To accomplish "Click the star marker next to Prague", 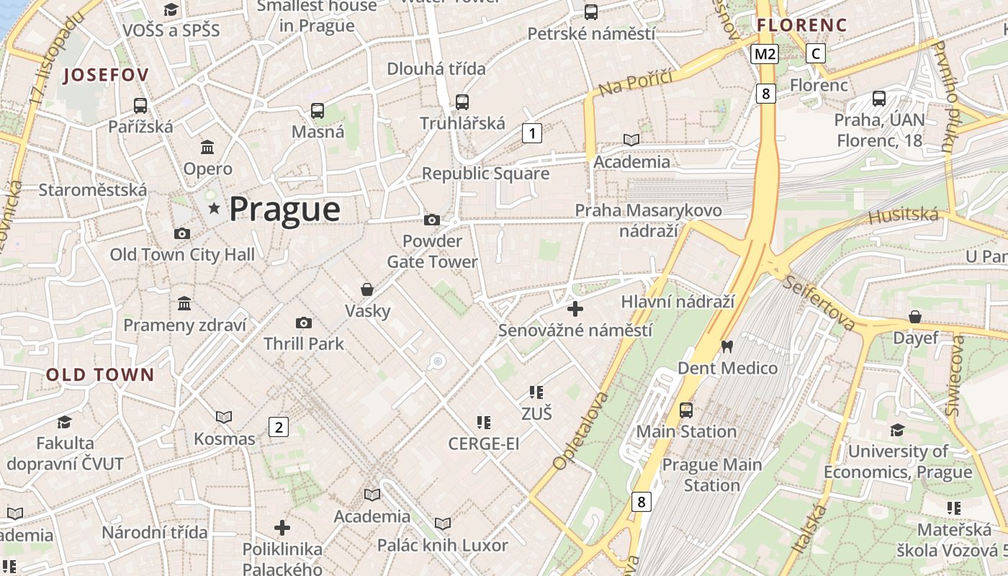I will (214, 209).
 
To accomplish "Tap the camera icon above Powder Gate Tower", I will (432, 220).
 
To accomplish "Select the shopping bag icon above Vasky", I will (367, 289).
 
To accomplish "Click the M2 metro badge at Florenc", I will (765, 53).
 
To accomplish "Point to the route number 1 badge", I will (531, 132).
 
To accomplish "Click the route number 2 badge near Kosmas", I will (278, 427).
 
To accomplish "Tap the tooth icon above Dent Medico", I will (726, 346).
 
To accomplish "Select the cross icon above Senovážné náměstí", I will (575, 310).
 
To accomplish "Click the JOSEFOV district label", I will (106, 75).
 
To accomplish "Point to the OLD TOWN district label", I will (100, 374).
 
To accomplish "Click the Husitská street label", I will (904, 215).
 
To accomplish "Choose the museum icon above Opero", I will (208, 147).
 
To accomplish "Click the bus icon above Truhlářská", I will (462, 102).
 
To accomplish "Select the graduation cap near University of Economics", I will (897, 430).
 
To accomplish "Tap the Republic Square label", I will (485, 174).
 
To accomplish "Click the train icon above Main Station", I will (686, 410).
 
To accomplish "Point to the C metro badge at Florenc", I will (815, 53).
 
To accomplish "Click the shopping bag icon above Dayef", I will (914, 317).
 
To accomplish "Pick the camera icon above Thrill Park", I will (304, 323).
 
